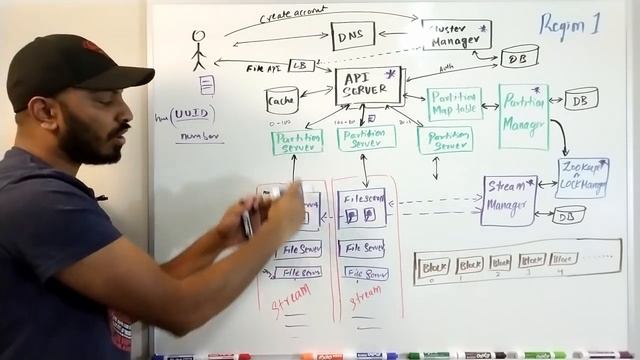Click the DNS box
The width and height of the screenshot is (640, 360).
[x=352, y=36]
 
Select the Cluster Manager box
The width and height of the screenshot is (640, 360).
[x=456, y=35]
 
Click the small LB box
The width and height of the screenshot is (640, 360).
[x=301, y=65]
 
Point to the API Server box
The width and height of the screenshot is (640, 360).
[x=368, y=86]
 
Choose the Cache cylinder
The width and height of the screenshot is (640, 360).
[x=282, y=99]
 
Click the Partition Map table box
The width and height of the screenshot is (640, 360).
[x=454, y=103]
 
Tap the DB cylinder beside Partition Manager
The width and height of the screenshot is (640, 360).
[x=581, y=98]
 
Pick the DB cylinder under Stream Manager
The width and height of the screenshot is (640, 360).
[x=568, y=214]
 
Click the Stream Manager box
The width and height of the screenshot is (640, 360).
[x=509, y=199]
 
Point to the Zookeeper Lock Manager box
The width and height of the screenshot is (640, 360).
[x=582, y=176]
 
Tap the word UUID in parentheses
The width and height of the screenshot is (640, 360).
[x=192, y=115]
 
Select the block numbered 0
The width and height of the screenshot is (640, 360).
[x=433, y=266]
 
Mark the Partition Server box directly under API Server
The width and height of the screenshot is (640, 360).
[x=366, y=138]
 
